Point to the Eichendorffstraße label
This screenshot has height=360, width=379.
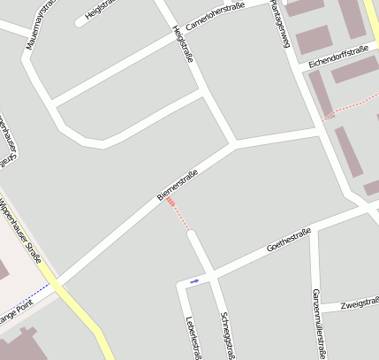338,57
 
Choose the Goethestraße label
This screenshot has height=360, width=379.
289,240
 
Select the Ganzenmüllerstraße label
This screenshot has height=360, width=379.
317,324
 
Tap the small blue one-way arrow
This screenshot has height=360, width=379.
194,280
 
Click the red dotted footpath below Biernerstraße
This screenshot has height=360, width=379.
179,217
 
